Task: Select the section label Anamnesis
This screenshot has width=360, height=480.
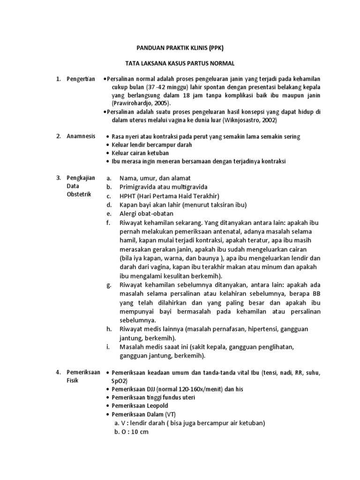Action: click(x=80, y=136)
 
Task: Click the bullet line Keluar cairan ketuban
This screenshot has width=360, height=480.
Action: click(x=140, y=153)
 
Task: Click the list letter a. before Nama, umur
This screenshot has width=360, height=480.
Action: click(x=109, y=178)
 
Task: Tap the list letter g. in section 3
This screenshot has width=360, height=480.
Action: click(x=109, y=284)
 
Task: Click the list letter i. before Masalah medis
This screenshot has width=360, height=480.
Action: click(x=108, y=346)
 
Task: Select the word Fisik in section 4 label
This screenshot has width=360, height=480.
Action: click(x=72, y=380)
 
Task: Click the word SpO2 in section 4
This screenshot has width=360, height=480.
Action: click(x=119, y=381)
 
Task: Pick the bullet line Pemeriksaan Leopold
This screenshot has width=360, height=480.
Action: click(x=140, y=405)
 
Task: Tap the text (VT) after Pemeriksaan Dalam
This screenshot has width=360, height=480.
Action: click(x=171, y=414)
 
